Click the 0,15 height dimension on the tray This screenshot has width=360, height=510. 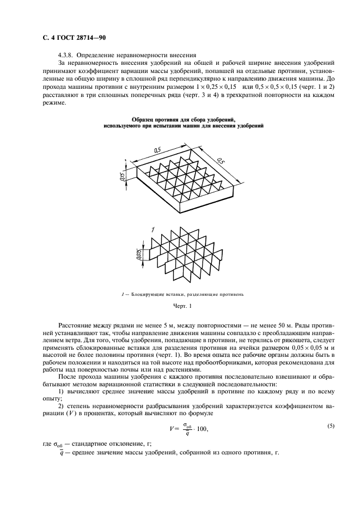coord(122,176)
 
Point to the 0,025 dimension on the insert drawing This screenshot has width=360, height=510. coord(139,255)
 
